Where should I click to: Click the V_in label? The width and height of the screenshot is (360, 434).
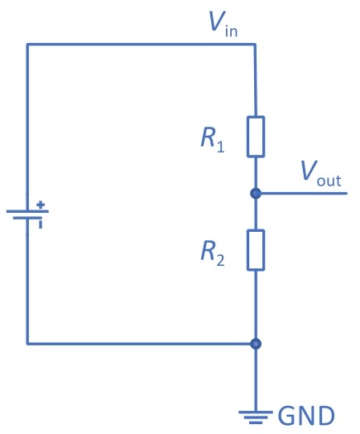[223, 24]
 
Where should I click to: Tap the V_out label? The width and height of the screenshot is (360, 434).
[321, 174]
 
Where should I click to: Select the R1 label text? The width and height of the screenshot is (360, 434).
[213, 140]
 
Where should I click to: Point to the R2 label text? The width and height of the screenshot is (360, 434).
[213, 253]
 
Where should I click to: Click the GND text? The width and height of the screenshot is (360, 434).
[306, 416]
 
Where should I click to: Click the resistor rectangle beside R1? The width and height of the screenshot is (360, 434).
[256, 137]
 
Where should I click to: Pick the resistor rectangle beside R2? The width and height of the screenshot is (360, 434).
[256, 250]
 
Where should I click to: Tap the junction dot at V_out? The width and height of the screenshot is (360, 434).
[256, 193]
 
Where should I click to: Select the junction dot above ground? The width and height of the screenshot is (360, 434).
[256, 344]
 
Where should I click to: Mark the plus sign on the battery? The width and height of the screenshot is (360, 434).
[41, 205]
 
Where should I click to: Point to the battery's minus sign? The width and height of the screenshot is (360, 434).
[41, 224]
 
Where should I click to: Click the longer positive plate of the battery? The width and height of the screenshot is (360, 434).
[27, 211]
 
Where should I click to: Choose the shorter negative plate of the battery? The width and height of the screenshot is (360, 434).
[27, 218]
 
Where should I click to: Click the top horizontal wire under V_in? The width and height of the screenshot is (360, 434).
[141, 44]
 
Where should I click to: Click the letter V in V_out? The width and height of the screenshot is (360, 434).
[309, 171]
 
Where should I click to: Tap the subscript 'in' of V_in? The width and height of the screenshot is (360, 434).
[232, 31]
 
